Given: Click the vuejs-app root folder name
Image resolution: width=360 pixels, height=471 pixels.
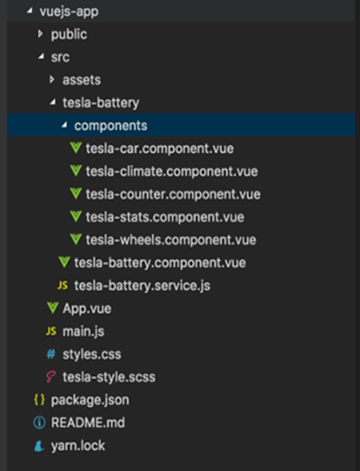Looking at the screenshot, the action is coord(69,12).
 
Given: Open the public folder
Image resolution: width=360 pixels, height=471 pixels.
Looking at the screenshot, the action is coord(69,34).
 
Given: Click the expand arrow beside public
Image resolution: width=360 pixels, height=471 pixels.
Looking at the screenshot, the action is coord(40,34).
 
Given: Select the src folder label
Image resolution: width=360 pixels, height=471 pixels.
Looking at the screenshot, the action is coord(60,57).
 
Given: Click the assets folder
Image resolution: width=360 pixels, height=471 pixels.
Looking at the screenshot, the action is coord(82,80).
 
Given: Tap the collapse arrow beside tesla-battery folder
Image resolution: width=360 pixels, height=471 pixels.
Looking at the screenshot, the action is coord(53,103).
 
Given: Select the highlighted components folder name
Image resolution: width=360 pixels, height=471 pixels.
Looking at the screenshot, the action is coord(110,125).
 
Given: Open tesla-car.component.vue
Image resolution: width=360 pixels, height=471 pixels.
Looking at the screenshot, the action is coord(160,148).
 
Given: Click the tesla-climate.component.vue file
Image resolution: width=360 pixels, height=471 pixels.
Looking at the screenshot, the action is coord(172,172).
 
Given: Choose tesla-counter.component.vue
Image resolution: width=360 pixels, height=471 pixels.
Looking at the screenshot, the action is coord(173,194).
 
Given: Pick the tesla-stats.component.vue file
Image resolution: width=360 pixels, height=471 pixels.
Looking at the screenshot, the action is coord(165,217).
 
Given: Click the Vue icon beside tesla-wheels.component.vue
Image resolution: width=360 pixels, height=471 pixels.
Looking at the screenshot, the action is coord(76,240).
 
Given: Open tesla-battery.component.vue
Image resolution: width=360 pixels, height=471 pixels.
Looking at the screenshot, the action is coord(160,262).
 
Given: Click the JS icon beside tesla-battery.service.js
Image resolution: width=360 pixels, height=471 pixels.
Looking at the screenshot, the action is coord(62,285).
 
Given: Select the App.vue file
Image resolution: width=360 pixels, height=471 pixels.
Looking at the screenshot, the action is coord(87,309).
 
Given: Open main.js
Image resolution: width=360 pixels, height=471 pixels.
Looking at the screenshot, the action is coord(83,331).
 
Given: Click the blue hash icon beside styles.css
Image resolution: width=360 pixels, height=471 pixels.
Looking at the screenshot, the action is coord(51,354).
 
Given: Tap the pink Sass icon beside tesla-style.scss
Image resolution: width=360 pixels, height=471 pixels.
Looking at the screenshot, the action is coord(50,377).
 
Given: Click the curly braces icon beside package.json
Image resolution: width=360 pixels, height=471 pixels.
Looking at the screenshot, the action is coord(40,400).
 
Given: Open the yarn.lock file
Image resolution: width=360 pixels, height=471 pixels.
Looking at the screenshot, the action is coord(78,446).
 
